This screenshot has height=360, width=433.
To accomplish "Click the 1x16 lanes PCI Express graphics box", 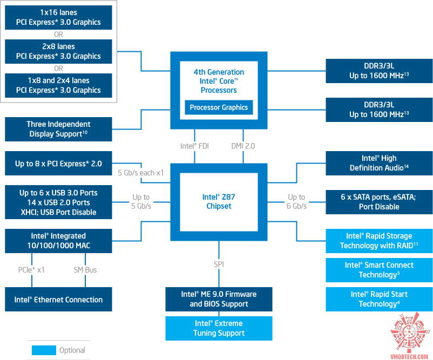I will [58, 17].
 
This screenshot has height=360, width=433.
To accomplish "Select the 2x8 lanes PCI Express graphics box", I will [58, 51].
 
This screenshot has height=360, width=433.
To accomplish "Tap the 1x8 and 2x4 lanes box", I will [58, 85].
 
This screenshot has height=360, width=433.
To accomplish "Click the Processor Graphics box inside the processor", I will [219, 107].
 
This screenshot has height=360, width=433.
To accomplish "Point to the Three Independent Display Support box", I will [58, 129].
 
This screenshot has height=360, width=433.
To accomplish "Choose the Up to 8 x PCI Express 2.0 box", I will [58, 163].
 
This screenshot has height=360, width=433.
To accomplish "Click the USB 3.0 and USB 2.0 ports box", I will [58, 202].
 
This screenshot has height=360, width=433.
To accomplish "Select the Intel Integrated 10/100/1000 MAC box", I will [58, 241].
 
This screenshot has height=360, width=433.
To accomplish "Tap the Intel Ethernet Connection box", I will [58, 300].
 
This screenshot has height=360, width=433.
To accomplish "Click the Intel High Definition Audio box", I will [379, 163].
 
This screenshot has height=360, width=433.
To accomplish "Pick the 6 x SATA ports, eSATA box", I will [379, 202].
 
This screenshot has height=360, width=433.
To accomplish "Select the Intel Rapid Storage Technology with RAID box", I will [379, 241].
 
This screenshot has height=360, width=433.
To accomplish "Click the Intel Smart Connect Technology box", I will [379, 270].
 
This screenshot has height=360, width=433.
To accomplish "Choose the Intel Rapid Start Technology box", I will [379, 299].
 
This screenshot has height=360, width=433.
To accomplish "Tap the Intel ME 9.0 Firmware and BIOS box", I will [219, 299].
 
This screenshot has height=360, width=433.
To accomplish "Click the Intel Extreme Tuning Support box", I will [219, 328].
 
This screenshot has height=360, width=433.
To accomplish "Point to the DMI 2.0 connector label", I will [243, 146].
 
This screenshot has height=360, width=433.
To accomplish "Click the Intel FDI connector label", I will [194, 146].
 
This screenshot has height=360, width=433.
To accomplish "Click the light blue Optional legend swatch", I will [43, 350].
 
